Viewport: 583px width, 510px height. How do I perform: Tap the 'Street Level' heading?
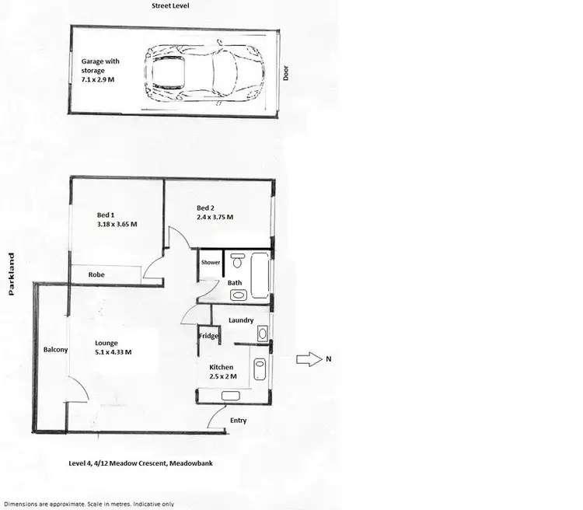[170, 5]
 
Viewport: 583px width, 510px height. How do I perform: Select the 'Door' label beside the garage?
[285, 72]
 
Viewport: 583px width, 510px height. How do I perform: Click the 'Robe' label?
[96, 275]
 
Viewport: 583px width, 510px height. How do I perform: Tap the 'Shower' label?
[211, 263]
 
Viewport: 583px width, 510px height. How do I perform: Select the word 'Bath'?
[236, 283]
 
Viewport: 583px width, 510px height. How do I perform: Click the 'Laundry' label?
[242, 320]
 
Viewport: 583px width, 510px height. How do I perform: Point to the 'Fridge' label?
[208, 336]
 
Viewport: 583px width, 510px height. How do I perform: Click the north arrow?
[309, 358]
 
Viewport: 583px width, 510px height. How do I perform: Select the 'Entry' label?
[239, 421]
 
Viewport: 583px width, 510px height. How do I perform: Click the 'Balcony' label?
[55, 350]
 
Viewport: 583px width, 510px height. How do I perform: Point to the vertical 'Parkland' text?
[12, 274]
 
